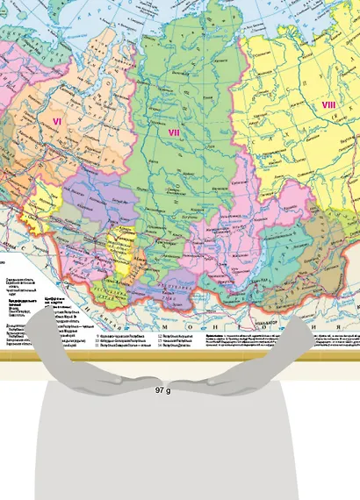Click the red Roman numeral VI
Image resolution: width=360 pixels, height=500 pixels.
57,121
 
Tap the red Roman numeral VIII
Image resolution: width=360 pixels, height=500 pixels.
328,105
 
